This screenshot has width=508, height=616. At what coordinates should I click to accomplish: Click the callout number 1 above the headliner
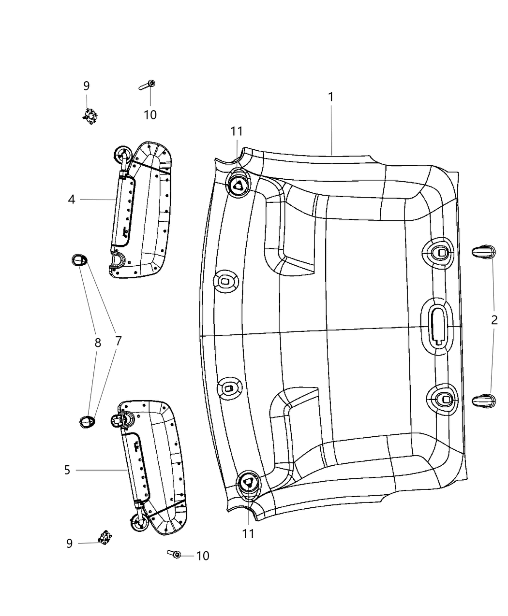click(331, 97)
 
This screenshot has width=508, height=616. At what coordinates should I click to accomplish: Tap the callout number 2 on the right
click(494, 320)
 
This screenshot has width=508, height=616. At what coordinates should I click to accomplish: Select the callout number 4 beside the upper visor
click(72, 199)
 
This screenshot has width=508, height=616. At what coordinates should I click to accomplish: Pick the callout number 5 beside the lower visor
click(67, 470)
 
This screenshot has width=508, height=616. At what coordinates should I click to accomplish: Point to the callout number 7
click(118, 341)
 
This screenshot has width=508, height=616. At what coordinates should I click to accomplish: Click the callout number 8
click(98, 343)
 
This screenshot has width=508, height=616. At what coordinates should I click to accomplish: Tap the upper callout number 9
click(87, 86)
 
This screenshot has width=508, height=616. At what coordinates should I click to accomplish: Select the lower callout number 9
click(70, 544)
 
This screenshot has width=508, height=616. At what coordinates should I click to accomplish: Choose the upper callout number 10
click(150, 115)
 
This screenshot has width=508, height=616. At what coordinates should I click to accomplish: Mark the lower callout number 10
click(203, 556)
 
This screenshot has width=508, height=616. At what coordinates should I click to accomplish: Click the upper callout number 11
click(237, 131)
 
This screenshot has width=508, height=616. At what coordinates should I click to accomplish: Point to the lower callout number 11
click(248, 533)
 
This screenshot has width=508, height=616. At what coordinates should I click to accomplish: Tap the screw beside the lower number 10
click(175, 555)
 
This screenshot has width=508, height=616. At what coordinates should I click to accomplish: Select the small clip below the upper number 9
click(89, 116)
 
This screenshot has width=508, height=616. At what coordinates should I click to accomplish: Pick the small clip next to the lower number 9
click(104, 537)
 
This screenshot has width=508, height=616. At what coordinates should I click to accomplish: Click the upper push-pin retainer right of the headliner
click(483, 251)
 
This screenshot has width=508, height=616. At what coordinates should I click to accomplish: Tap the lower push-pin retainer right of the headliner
click(483, 400)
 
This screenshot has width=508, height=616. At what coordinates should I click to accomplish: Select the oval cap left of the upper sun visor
click(79, 260)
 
